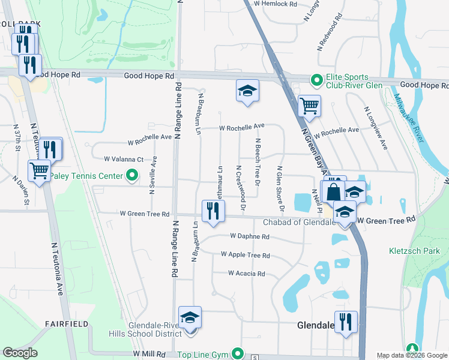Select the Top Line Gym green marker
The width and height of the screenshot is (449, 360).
tap(238, 354)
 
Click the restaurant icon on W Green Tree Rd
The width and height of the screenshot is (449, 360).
tap(213, 211)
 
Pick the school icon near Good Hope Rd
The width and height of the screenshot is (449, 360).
tap(247, 91)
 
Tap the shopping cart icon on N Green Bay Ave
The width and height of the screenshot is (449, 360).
tap(309, 106)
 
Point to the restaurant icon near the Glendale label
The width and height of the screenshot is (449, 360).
tap(346, 322)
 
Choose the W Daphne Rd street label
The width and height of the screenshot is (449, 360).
tap(249, 237)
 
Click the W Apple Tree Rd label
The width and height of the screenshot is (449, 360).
tap(245, 256)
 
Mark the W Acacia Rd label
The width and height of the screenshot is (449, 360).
tap(246, 274)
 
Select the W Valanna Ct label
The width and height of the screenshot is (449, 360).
tap(124, 160)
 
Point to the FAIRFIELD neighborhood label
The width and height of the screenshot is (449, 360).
tap(66, 324)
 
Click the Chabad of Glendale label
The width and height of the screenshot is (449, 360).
tap(298, 223)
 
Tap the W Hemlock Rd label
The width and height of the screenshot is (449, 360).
tap(276, 4)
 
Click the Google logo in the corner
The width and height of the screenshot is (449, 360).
tap(20, 353)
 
